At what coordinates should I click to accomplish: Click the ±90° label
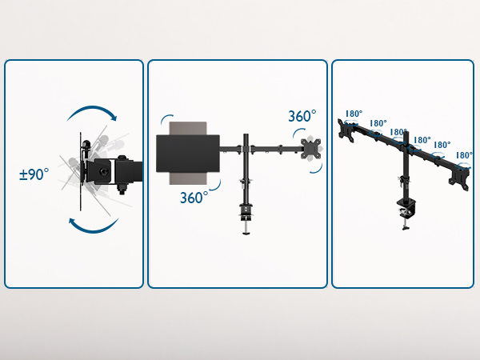click(x=34, y=174)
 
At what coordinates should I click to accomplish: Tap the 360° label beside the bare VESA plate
click(x=302, y=117)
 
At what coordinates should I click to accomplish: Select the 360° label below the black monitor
click(x=194, y=197)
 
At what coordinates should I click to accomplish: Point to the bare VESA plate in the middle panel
click(x=311, y=149)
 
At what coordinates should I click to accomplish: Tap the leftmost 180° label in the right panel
click(x=353, y=114)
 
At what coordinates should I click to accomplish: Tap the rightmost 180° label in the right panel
click(x=464, y=155)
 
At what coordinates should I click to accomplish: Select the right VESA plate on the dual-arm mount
click(x=463, y=177)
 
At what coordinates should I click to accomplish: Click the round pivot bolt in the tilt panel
click(x=122, y=158)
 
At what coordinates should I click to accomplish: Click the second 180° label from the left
click(x=378, y=124)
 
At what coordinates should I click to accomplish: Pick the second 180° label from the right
click(x=442, y=146)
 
